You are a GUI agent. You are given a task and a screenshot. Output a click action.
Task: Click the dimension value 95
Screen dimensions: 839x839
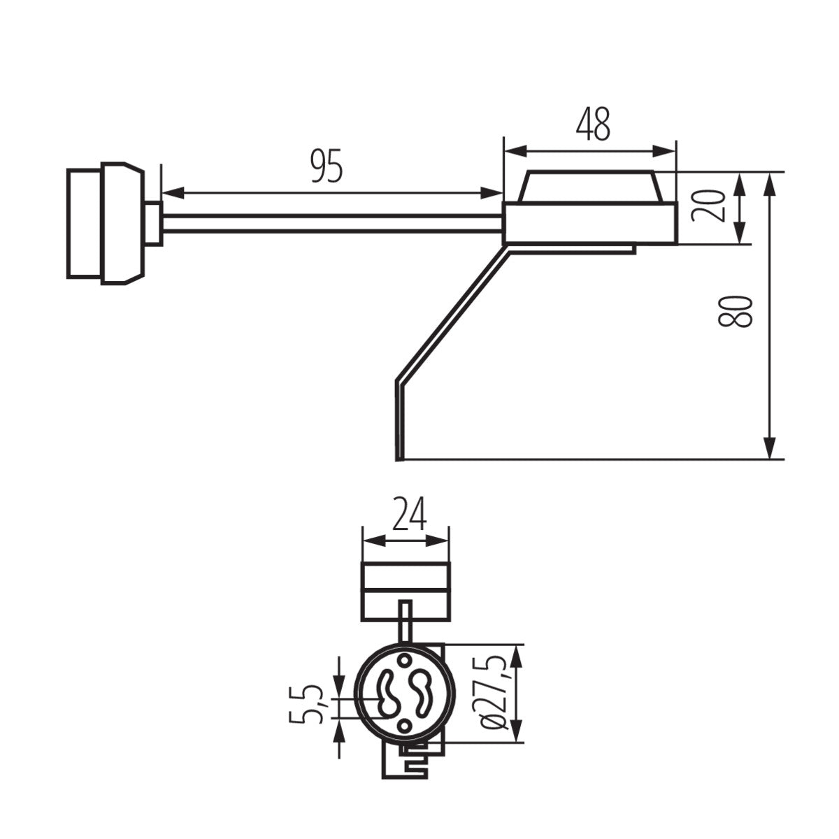point(327,166)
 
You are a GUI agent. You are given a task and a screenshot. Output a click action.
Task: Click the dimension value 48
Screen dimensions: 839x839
point(593,124)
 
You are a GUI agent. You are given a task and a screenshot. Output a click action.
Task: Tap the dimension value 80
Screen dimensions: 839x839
point(736,311)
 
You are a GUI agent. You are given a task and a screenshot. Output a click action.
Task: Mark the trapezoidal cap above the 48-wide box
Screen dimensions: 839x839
point(591,187)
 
